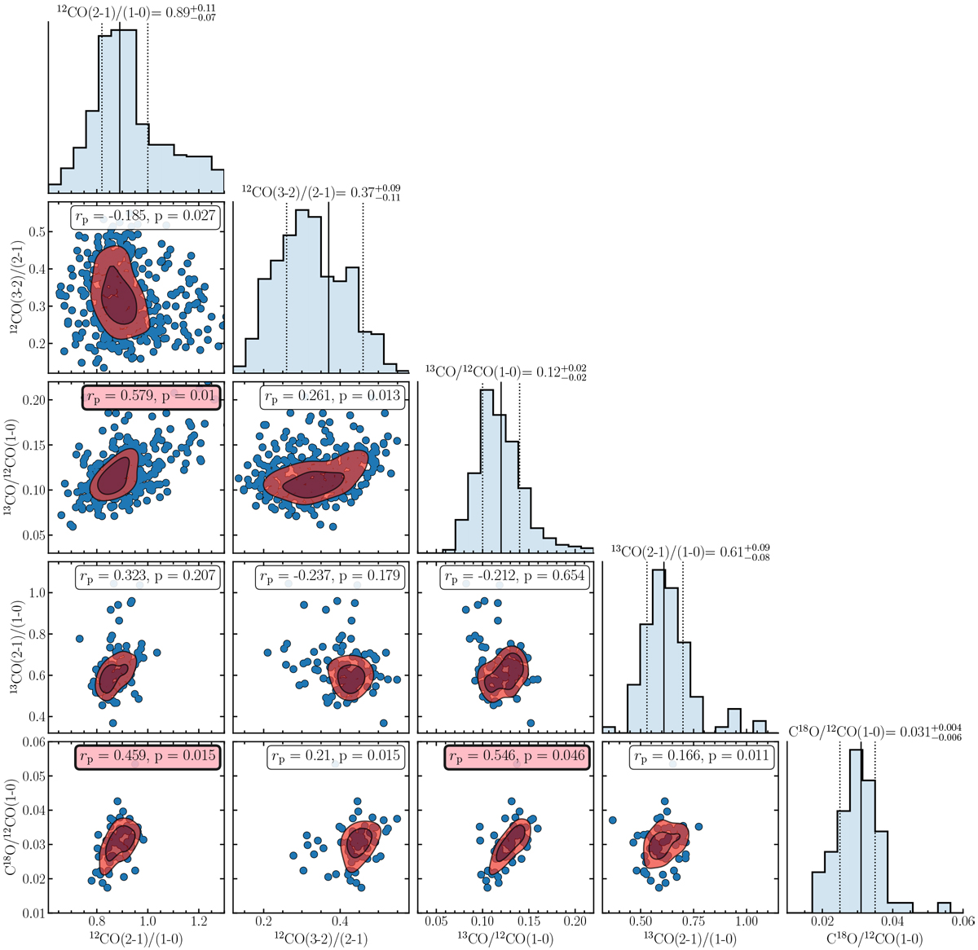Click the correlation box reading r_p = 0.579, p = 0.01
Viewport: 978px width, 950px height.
(152, 397)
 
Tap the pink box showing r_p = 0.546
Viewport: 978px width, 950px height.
(517, 757)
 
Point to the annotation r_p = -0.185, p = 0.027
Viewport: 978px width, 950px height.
(146, 216)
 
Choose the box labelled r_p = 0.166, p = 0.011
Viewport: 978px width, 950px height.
(701, 757)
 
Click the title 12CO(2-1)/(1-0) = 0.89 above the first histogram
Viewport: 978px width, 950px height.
(136, 12)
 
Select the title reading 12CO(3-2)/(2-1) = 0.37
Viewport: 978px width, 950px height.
(321, 192)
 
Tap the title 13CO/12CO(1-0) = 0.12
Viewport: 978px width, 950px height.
(505, 372)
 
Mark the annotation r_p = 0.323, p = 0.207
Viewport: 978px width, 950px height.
(146, 577)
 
